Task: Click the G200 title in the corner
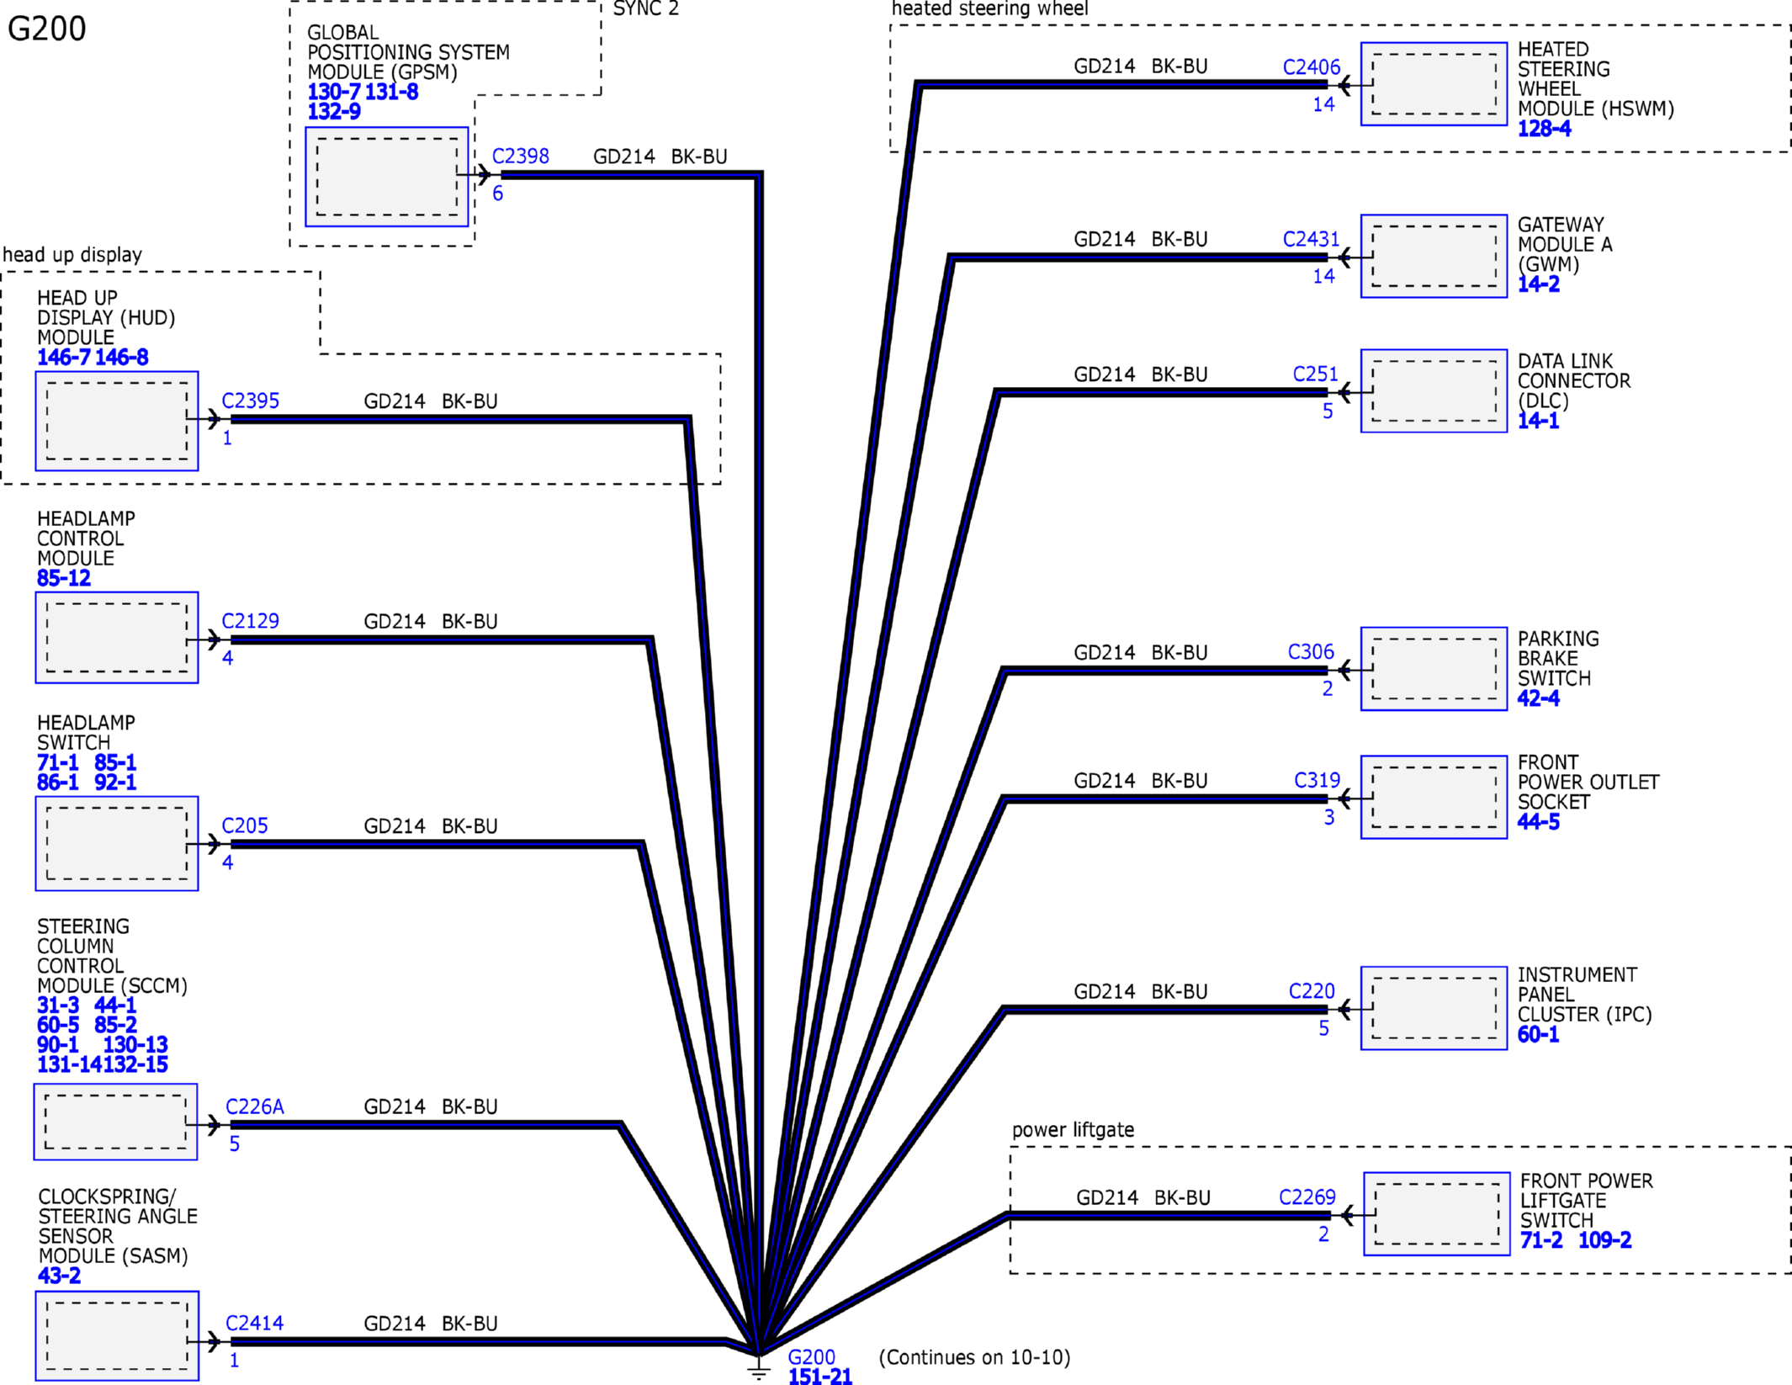46,29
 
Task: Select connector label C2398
520,157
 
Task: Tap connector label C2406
1311,67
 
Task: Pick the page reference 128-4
1544,129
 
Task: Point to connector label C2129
250,621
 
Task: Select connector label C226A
254,1106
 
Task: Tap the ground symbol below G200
759,1372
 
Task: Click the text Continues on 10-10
974,1357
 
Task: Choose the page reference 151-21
819,1377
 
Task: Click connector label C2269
1307,1197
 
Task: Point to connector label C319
1317,781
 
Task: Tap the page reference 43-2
59,1276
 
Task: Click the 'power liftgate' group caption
1073,1130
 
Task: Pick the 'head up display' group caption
72,255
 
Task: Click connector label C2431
1311,239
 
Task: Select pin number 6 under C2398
498,194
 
